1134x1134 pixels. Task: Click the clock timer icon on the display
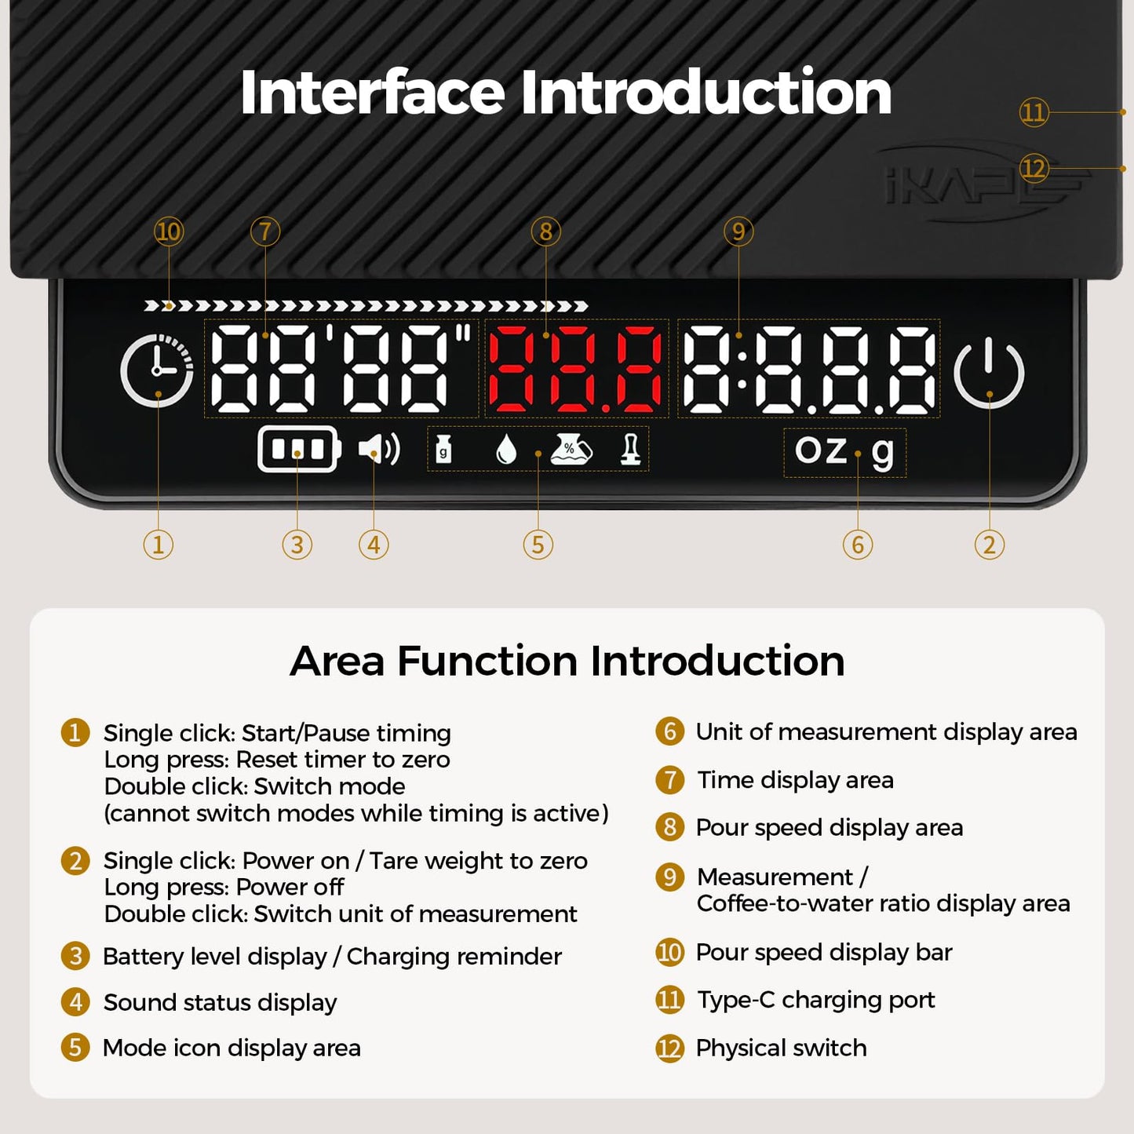pos(157,370)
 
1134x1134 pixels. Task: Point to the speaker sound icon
pos(379,449)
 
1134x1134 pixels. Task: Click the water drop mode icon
pos(505,450)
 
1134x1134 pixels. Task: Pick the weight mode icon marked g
pos(443,450)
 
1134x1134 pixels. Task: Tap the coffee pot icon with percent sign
pos(571,450)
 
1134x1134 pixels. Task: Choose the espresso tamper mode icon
pos(631,450)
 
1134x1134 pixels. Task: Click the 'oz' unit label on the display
pos(820,450)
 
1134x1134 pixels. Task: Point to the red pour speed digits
pos(575,368)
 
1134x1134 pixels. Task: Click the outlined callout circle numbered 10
pos(169,232)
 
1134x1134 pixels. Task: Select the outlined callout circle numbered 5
pos(538,545)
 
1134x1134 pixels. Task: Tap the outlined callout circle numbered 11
pos(1034,111)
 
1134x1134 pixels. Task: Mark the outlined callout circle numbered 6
pos(858,545)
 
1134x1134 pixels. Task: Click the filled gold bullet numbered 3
pos(75,957)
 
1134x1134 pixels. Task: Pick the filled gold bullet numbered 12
pos(669,1048)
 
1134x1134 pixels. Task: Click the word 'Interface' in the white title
pos(373,92)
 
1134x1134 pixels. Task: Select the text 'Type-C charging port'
pos(815,1001)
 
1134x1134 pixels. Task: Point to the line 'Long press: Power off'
pos(224,887)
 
